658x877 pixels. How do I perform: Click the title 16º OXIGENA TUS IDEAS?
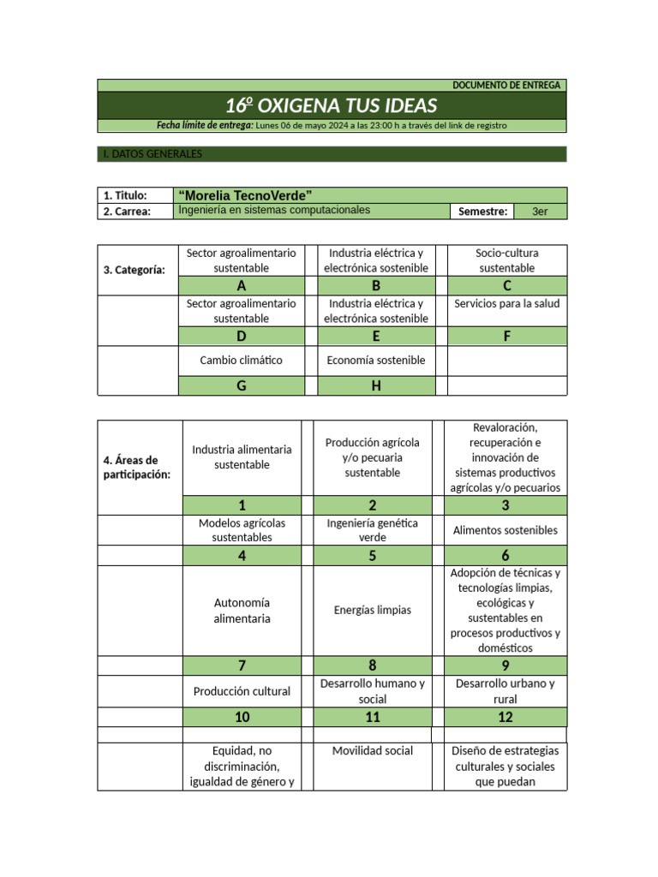331,106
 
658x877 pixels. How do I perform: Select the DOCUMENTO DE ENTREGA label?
505,86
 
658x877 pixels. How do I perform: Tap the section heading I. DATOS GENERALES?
152,154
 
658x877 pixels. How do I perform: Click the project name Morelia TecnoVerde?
244,195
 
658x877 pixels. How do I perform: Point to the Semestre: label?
482,212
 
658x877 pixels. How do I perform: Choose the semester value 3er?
540,212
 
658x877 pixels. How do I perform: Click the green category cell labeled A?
241,286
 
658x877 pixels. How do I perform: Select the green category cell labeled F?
507,336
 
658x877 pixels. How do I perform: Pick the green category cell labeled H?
375,385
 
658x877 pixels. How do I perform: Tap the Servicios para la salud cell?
507,303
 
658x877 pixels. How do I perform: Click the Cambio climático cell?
241,361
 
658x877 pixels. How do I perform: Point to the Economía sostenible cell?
375,361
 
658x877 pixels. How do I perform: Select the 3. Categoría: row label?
135,270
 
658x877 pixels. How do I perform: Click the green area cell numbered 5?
373,555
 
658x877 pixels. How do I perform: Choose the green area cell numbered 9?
505,665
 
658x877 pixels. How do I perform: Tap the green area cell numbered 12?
505,717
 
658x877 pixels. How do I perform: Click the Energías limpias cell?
373,610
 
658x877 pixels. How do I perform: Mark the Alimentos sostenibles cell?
505,530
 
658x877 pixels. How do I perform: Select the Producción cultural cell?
242,691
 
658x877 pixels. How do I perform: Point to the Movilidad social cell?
373,751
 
